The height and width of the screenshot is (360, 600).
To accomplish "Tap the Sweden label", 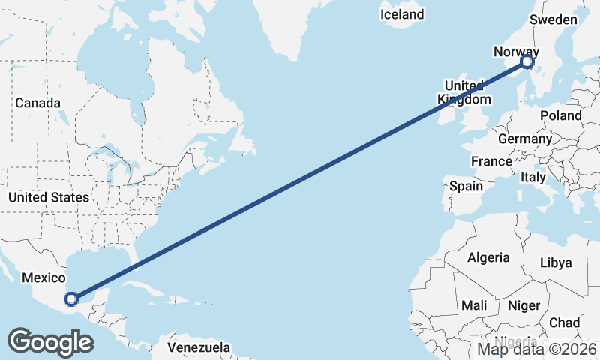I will tap(553, 20).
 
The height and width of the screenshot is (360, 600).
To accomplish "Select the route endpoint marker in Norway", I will tap(527, 61).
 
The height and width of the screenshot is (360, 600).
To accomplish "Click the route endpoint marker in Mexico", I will tap(70, 299).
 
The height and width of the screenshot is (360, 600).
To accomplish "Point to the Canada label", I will tap(37, 102).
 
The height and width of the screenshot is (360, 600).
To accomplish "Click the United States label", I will tap(48, 197).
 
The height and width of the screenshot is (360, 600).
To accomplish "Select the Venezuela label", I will tap(198, 348).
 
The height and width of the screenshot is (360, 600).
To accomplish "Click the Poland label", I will tap(560, 115).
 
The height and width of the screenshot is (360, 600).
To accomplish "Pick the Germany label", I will tap(524, 139).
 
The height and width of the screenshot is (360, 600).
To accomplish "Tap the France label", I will tap(491, 161).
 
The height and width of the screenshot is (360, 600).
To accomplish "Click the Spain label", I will tap(466, 185).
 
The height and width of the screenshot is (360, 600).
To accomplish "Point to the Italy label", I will tap(533, 178).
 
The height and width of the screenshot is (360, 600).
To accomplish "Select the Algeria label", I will tap(488, 257).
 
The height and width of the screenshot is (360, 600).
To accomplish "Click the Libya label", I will tap(556, 262).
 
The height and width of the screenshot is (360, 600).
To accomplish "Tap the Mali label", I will tap(474, 305).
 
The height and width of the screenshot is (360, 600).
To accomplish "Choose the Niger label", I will tap(523, 305).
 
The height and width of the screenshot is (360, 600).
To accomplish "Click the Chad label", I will tap(564, 322).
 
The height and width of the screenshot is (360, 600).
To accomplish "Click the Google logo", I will tap(50, 342).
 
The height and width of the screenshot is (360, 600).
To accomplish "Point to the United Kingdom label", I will tap(464, 91).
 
